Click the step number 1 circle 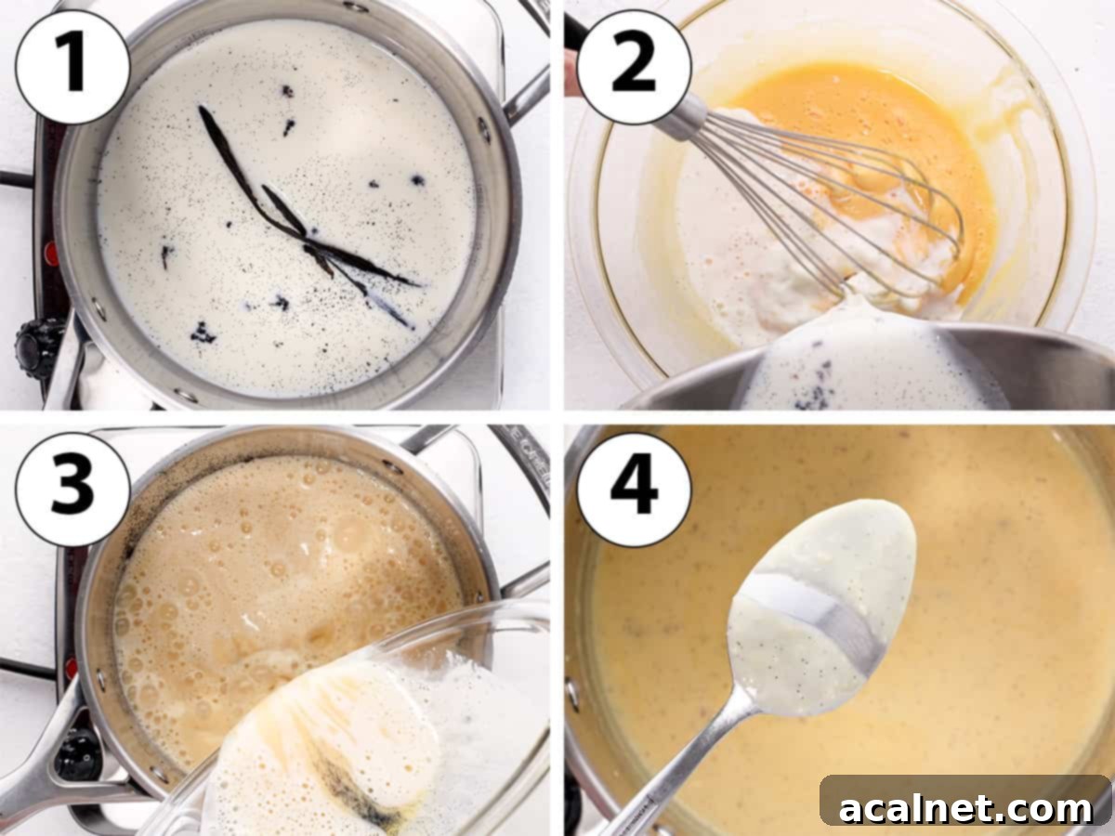coord(72,66)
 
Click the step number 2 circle coord(635,66)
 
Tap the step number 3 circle coord(72,489)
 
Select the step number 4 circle coord(635,489)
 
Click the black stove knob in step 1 coord(37,348)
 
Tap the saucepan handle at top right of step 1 coord(528,93)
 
